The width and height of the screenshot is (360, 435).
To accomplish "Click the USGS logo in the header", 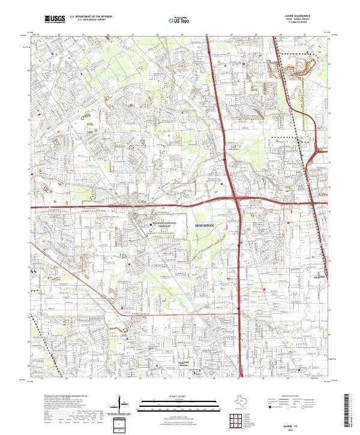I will point(53,19).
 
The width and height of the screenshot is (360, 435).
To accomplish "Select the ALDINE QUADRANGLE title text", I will point(303,17).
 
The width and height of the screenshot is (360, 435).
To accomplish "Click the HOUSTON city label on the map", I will point(205,224).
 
